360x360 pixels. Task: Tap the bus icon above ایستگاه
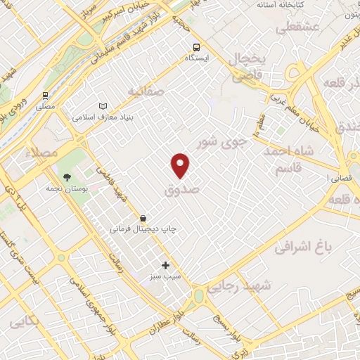[x=195, y=48]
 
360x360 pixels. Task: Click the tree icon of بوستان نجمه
[x=67, y=177]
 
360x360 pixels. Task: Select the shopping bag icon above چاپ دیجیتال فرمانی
[x=143, y=218]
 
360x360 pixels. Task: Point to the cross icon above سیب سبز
[x=166, y=265]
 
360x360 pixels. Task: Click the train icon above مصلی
[x=45, y=95]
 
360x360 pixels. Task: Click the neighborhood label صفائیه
[x=146, y=91]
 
